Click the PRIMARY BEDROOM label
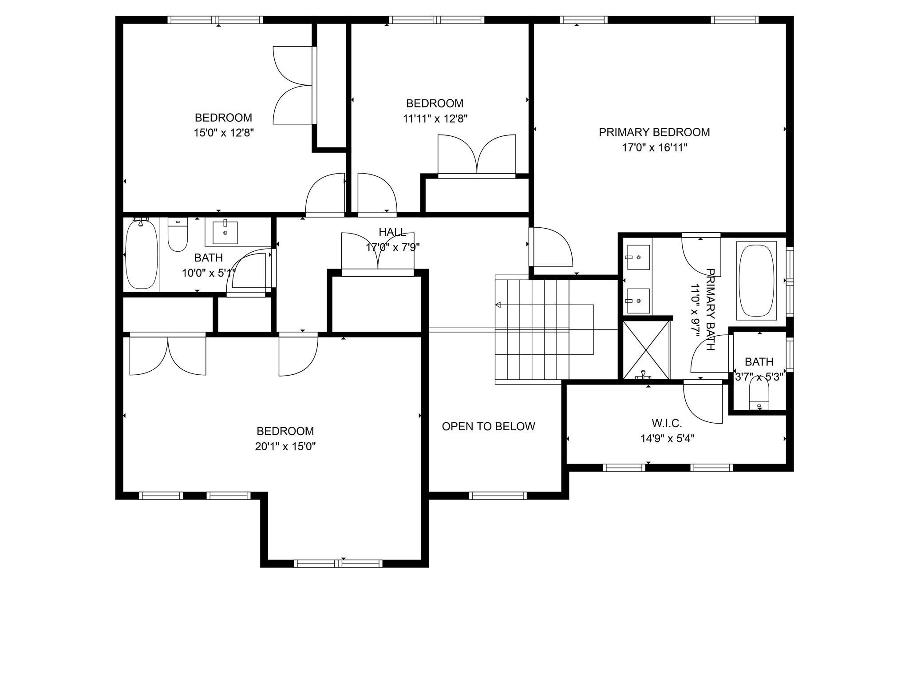coord(654,132)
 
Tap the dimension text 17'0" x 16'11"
coord(654,148)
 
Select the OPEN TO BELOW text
coord(488,426)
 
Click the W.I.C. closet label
coord(667,423)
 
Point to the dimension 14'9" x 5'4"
coord(667,439)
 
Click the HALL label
coord(392,232)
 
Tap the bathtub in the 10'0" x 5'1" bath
coord(142,254)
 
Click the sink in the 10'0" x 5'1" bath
coord(225,232)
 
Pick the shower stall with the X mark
coord(646,350)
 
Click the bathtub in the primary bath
coord(756,280)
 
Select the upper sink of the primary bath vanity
coord(637,257)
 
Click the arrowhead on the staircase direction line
coord(498,305)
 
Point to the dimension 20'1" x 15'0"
coord(285,446)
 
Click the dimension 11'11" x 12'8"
coord(435,119)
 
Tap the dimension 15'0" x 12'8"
coord(223,133)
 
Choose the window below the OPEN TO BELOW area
coord(498,496)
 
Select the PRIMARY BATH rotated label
coord(710,309)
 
